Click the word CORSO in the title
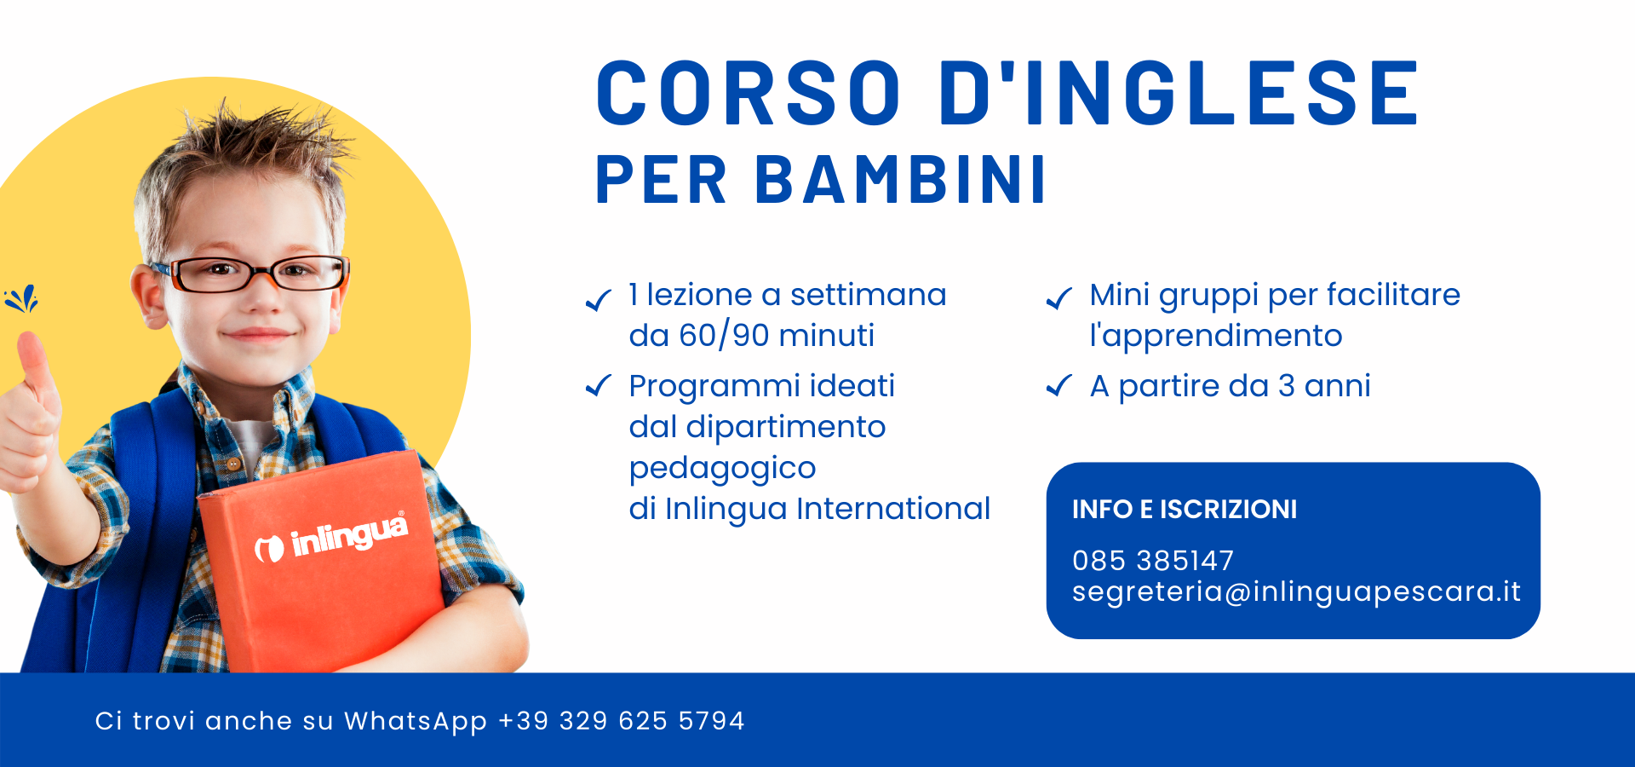point(749,93)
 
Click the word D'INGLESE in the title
point(1179,93)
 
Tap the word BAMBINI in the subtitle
point(900,180)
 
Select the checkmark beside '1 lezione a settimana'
point(599,299)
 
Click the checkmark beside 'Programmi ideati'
point(599,386)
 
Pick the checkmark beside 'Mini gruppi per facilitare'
point(1059,297)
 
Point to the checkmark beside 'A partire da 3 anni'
point(1059,386)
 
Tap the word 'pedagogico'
point(722,469)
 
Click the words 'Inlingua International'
point(828,509)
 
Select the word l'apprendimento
point(1216,337)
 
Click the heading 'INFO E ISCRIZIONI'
point(1185,510)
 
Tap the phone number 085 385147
point(1153,561)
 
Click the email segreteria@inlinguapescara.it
point(1296,591)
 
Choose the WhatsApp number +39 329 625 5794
point(622,721)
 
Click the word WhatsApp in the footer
point(416,722)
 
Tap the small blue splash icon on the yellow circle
point(21,298)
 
